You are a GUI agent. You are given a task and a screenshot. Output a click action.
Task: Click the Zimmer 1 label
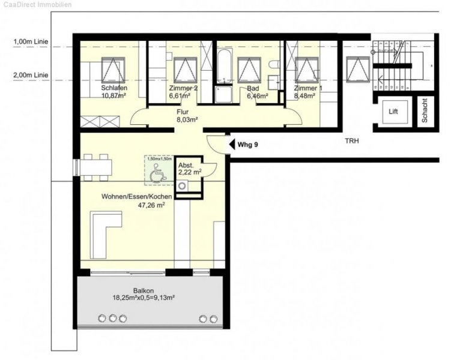tap(308, 88)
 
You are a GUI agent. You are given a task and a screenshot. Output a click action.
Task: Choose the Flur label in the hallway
tap(183, 112)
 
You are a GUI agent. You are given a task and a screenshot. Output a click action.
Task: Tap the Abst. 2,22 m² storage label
tap(190, 169)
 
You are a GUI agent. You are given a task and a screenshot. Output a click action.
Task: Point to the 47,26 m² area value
tap(151, 205)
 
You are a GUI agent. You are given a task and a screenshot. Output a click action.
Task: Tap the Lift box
tap(393, 112)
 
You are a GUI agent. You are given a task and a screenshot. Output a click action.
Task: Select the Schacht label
tap(424, 111)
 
